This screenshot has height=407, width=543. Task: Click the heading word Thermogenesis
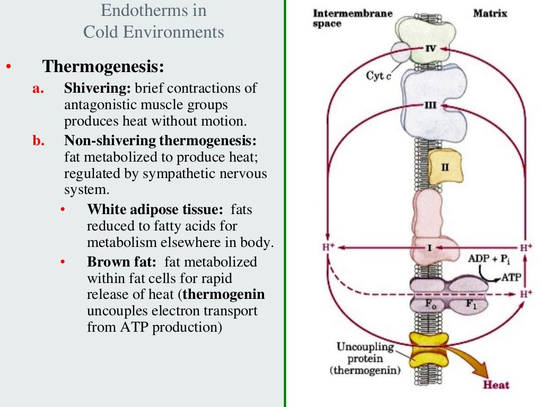(x=103, y=67)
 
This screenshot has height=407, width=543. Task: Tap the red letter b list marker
(x=37, y=141)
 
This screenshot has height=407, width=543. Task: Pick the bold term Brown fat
(x=121, y=262)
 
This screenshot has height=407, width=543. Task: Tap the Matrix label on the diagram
(x=489, y=13)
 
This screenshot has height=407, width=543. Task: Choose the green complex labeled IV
(x=424, y=32)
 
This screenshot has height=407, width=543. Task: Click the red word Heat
(x=495, y=385)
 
